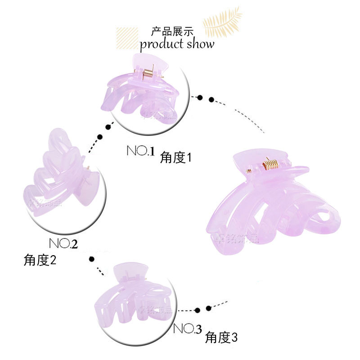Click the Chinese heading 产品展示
click(172, 31)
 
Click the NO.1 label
click(140, 151)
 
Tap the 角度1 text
click(176, 157)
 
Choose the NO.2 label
click(63, 243)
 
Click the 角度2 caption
click(40, 260)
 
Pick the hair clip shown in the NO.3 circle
click(130, 295)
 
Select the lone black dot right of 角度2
click(92, 259)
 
